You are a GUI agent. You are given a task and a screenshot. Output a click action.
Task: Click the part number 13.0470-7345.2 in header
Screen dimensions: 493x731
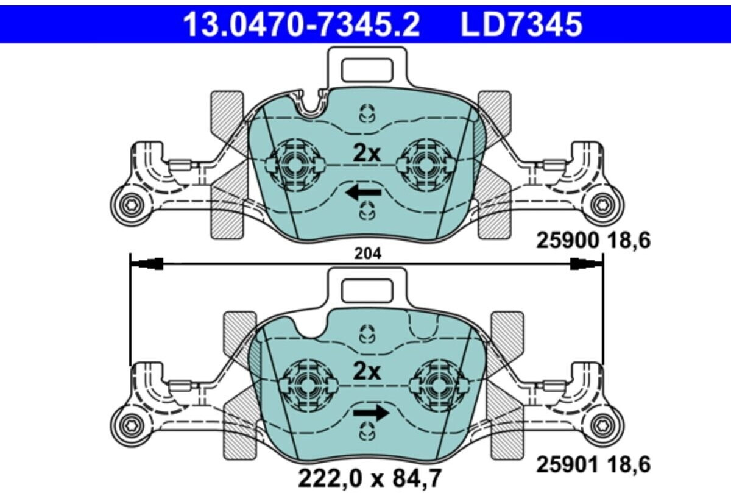tap(302, 24)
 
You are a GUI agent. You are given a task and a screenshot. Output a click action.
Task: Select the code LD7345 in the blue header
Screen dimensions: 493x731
tap(521, 24)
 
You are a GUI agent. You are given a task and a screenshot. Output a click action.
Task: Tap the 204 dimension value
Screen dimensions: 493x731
tap(367, 255)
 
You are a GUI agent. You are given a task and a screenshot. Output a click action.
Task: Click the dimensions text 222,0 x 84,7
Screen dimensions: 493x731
tap(369, 477)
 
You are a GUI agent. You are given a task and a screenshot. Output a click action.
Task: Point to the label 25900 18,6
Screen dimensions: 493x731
tap(593, 241)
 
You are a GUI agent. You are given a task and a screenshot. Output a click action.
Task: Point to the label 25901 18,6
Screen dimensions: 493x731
tap(593, 465)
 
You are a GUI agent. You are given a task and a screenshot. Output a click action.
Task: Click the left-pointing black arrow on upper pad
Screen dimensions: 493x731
tap(363, 193)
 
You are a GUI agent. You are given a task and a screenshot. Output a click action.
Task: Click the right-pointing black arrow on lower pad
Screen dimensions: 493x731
tap(370, 413)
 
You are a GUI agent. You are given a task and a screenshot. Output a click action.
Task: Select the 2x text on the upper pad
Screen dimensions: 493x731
tap(367, 152)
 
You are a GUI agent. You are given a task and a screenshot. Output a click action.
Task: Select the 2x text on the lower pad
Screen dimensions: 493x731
tap(367, 371)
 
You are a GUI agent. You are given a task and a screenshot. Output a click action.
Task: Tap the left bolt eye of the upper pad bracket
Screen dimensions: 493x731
tap(130, 206)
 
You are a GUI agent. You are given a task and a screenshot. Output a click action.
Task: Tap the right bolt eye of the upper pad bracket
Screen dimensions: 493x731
tap(604, 206)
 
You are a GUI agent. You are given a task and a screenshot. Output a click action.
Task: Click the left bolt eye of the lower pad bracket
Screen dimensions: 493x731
tap(130, 425)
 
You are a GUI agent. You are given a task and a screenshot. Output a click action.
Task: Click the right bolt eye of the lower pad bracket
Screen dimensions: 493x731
tap(604, 425)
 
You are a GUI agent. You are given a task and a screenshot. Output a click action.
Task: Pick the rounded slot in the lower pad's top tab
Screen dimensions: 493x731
tap(367, 289)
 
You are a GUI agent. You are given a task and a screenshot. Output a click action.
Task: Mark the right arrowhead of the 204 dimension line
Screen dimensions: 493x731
tap(586, 263)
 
